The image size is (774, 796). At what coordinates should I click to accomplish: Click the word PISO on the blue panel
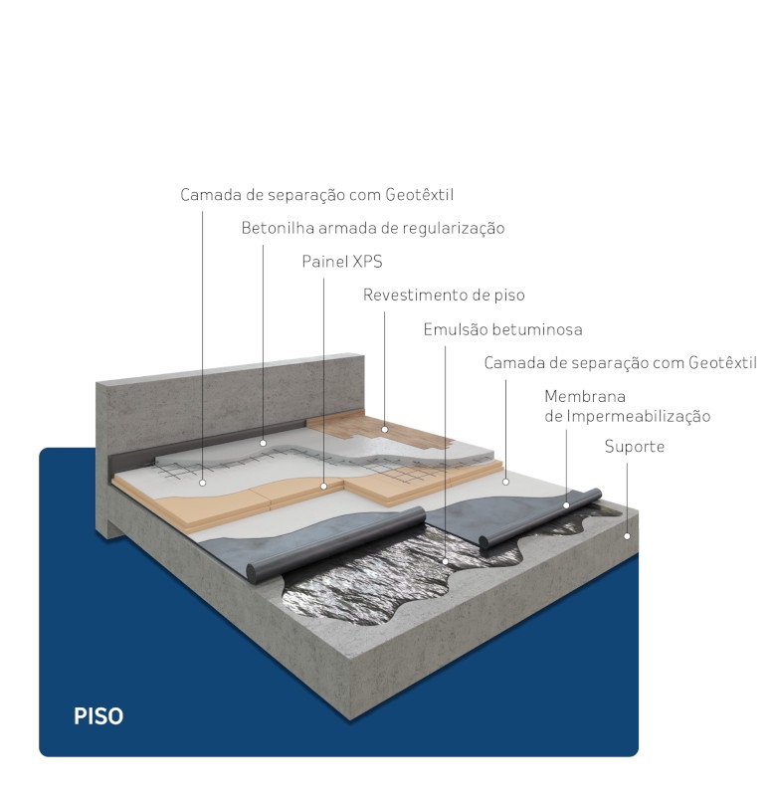[98, 715]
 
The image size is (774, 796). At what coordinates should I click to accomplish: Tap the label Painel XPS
[342, 262]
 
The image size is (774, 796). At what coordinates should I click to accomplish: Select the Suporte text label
[635, 447]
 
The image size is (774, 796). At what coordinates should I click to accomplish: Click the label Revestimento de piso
[444, 295]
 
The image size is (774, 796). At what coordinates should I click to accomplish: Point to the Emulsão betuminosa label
[503, 329]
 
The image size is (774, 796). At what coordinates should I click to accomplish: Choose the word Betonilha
[279, 228]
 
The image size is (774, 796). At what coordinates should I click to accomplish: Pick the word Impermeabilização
[639, 416]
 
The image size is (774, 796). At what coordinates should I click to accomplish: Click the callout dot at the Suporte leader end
[627, 536]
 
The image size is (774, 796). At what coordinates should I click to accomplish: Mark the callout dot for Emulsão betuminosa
[445, 561]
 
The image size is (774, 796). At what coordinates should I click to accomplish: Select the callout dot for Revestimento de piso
[384, 430]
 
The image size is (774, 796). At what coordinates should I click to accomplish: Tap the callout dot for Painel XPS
[323, 487]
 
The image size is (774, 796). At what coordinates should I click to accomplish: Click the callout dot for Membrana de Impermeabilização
[566, 505]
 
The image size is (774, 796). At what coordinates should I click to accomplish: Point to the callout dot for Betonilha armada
[263, 443]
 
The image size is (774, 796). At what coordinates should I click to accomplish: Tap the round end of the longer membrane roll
[253, 571]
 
